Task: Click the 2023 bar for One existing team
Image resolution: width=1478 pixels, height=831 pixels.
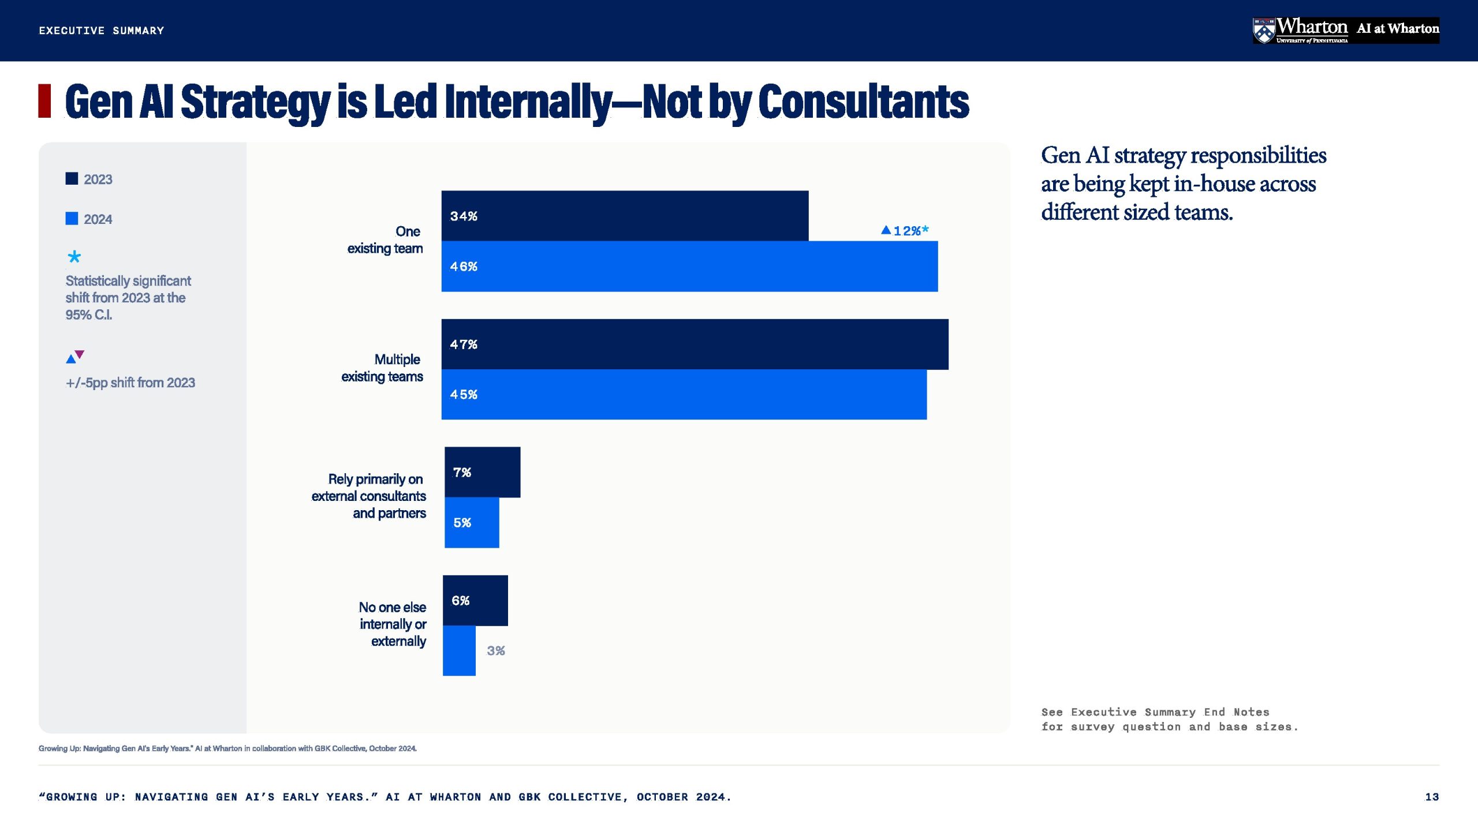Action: click(x=625, y=216)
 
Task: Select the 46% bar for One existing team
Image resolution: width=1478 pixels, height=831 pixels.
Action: click(x=689, y=267)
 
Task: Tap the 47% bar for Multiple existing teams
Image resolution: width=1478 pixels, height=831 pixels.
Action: click(x=695, y=345)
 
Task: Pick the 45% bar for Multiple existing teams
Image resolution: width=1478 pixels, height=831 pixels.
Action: click(x=684, y=395)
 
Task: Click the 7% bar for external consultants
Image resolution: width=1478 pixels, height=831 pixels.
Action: click(x=482, y=472)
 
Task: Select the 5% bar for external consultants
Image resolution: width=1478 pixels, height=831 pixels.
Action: click(x=472, y=523)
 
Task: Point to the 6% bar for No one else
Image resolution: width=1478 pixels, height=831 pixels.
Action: click(x=475, y=600)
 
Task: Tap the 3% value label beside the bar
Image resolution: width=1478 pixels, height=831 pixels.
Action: click(x=495, y=651)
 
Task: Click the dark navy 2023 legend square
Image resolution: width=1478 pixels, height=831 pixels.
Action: click(x=72, y=179)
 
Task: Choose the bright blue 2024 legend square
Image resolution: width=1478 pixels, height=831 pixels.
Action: click(x=72, y=219)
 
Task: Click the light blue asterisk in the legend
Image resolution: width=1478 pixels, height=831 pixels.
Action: click(x=74, y=257)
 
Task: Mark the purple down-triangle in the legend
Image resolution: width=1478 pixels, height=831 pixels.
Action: click(x=80, y=354)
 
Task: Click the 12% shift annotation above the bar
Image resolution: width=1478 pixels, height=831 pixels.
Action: click(x=905, y=231)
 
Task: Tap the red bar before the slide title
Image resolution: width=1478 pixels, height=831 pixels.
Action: click(x=44, y=101)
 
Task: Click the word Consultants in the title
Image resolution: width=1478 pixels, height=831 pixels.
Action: click(x=863, y=102)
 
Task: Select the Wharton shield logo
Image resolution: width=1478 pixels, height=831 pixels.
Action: click(x=1264, y=31)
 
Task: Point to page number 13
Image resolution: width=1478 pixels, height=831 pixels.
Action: click(x=1432, y=797)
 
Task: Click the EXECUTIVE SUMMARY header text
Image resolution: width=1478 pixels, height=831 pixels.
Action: click(x=102, y=31)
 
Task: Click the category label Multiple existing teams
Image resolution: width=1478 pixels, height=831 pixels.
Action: click(x=382, y=368)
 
